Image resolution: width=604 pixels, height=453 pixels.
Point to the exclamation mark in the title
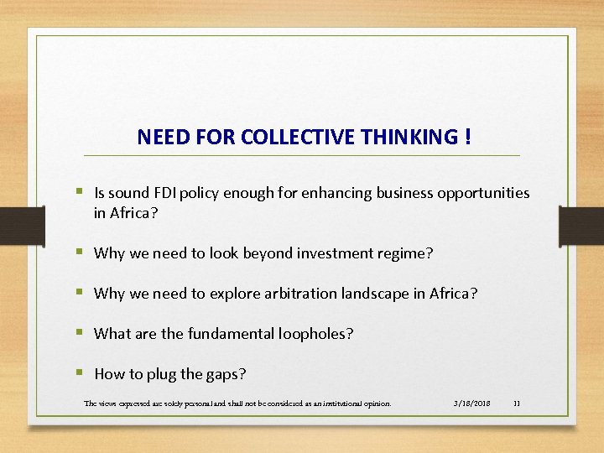click(x=466, y=136)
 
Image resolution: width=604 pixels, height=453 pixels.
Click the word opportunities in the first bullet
click(x=483, y=193)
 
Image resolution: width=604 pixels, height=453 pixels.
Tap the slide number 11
click(x=517, y=404)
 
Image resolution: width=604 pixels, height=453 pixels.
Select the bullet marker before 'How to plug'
click(x=81, y=373)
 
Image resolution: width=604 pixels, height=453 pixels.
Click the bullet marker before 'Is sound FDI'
click(x=81, y=192)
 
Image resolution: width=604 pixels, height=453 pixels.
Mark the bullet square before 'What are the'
click(x=81, y=332)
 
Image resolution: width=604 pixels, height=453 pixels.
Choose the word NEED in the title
click(x=156, y=137)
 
